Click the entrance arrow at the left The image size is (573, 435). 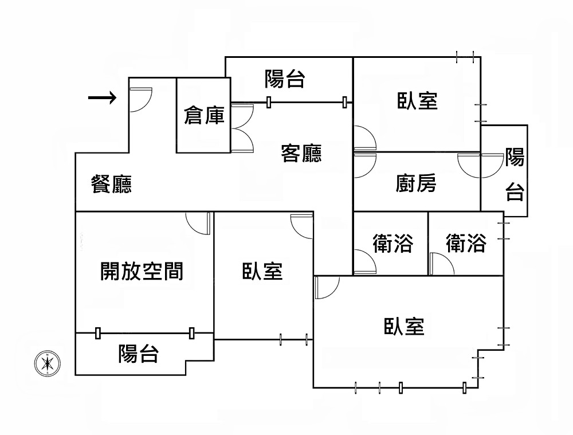coord(102,99)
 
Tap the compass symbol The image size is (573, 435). coord(46,363)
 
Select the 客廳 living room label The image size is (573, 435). coord(301,153)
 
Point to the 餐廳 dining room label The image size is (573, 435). coord(112,185)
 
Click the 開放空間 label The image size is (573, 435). coord(142,271)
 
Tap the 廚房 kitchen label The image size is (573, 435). coord(416,183)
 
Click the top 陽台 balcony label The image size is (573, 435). coord(284,79)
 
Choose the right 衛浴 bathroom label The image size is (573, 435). coord(466,244)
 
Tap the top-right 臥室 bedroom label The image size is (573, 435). coord(418,101)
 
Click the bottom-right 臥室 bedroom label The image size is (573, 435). coord(404,327)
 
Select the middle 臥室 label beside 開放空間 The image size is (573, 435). coord(262,271)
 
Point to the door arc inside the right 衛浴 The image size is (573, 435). coord(441,264)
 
